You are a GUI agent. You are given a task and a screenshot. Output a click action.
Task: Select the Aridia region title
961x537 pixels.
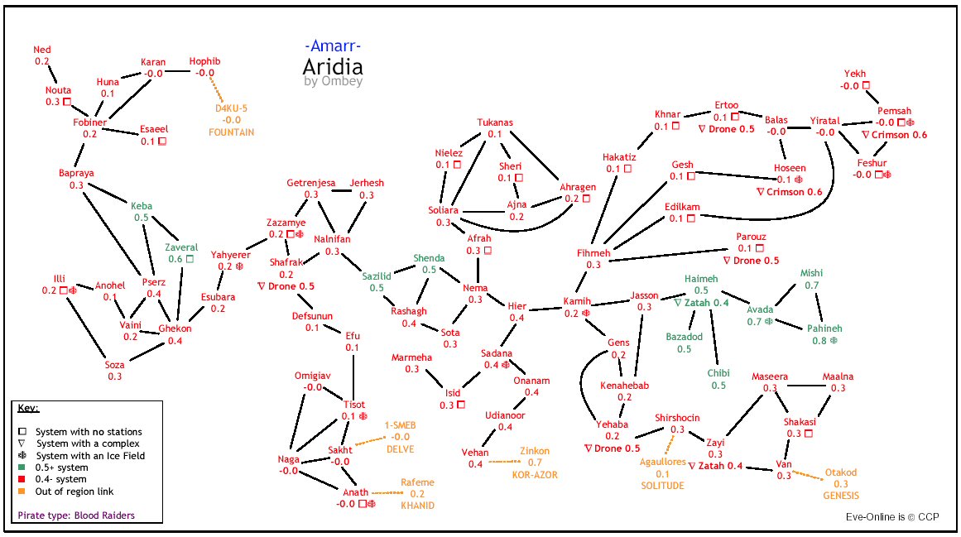click(333, 67)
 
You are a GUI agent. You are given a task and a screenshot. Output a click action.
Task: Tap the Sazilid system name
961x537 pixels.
click(377, 276)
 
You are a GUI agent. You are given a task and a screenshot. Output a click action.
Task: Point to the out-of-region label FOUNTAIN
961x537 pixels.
click(231, 132)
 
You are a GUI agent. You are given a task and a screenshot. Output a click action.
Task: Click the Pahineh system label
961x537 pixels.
click(824, 328)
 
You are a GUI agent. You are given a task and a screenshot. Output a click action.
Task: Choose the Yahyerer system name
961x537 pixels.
click(230, 255)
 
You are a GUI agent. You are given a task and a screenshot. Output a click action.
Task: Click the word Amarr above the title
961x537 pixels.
click(333, 46)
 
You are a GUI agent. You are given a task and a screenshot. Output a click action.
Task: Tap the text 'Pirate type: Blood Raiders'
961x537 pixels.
click(76, 515)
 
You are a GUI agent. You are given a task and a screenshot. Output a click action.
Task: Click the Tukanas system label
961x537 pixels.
click(495, 122)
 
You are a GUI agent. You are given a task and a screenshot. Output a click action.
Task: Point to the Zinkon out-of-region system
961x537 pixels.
click(534, 451)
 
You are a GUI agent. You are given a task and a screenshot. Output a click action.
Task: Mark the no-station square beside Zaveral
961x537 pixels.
click(190, 259)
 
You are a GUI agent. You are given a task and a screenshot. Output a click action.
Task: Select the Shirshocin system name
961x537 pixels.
click(677, 418)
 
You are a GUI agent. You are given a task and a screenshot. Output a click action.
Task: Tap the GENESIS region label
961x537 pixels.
click(840, 496)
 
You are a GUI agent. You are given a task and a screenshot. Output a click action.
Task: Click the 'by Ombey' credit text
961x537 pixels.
click(333, 82)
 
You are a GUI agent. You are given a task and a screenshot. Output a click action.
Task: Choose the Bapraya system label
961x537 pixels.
click(76, 174)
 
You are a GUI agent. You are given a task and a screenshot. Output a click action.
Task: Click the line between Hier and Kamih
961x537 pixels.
click(545, 309)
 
